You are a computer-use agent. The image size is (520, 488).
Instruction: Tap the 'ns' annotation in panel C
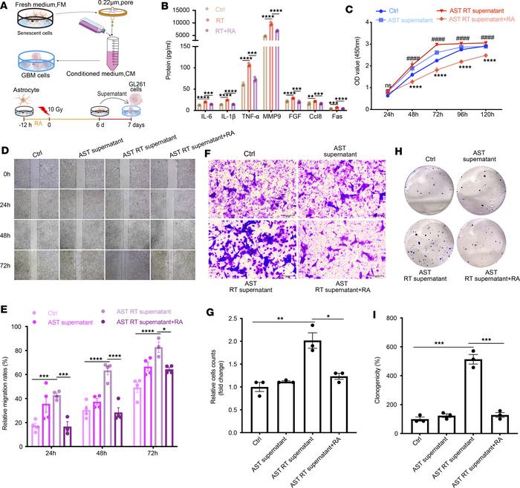388,85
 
